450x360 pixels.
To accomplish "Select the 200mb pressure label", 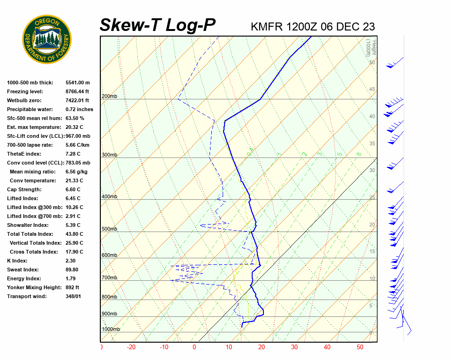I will coord(109,97).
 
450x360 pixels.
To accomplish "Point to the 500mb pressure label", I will coord(109,229).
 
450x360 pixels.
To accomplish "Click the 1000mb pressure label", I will coord(111,330).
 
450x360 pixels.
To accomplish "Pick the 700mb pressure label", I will coord(109,278).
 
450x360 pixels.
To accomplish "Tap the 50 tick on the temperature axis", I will coord(360,347).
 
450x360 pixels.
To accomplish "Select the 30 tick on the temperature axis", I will coord(294,347).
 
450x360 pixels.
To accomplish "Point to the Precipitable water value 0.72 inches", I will coord(79,109).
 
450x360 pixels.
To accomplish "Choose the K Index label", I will coord(17,261).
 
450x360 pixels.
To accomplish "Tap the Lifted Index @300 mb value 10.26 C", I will coord(74,207).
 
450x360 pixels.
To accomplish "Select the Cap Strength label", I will coord(24,189).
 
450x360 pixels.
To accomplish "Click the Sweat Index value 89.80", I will coord(72,270).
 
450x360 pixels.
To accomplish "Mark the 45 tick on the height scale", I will coord(372,90).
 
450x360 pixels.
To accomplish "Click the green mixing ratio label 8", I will coord(359,154).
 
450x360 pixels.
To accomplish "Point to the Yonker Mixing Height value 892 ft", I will coord(72,287).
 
